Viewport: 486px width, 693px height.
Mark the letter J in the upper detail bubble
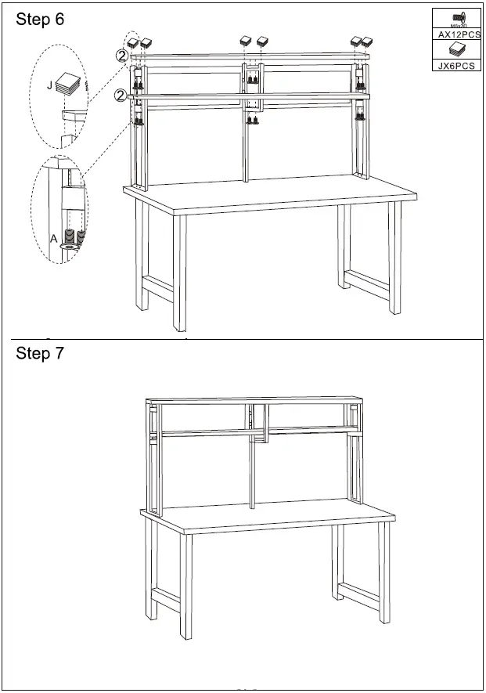point(50,85)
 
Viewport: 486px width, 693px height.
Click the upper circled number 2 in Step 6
point(121,56)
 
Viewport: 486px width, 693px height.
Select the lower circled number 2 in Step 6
point(120,95)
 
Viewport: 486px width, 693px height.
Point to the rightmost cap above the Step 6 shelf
point(365,40)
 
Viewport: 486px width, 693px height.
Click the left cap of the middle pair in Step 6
point(246,41)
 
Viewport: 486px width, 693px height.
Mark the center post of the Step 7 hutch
point(252,470)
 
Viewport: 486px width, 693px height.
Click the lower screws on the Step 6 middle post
point(254,120)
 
